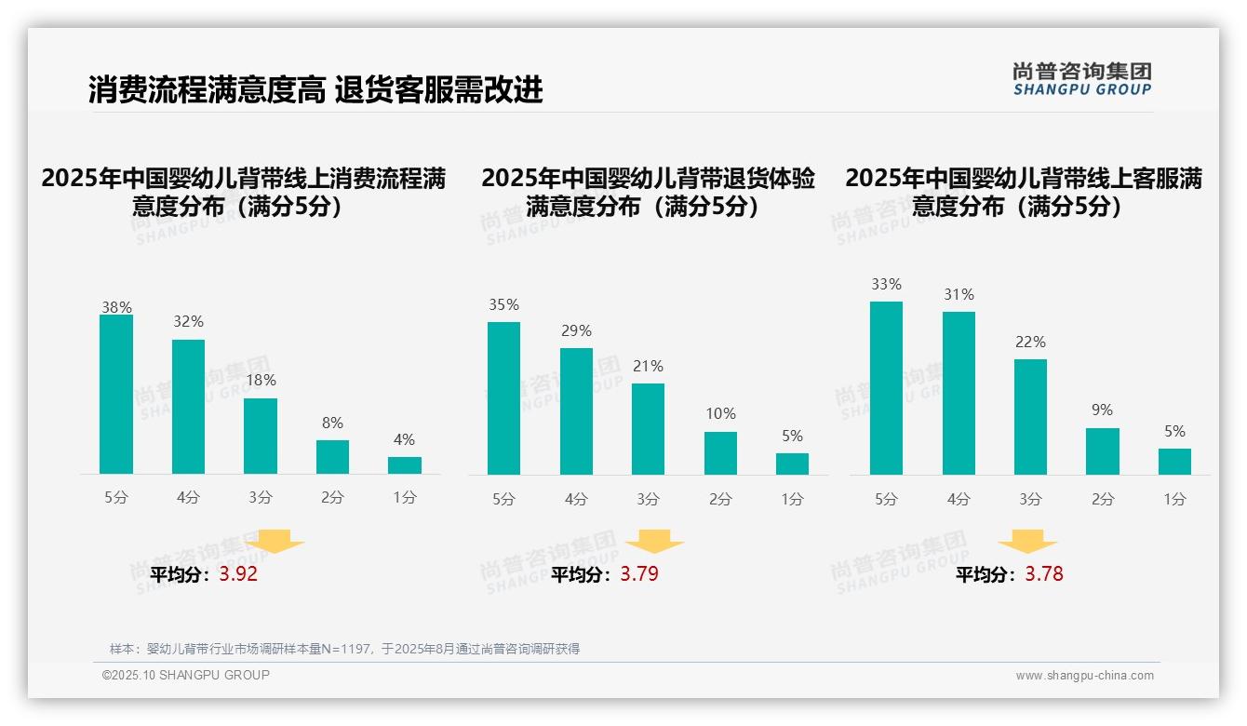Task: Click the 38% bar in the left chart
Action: pyautogui.click(x=116, y=395)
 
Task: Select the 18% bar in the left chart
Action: pyautogui.click(x=261, y=437)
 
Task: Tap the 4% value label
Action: pyautogui.click(x=404, y=439)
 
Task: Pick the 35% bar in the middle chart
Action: pyautogui.click(x=503, y=398)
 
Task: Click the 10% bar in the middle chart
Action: pyautogui.click(x=720, y=453)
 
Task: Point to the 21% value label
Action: pyautogui.click(x=648, y=366)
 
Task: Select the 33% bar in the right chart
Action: pyautogui.click(x=886, y=388)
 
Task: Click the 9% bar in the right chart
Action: pyautogui.click(x=1103, y=451)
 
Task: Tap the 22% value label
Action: pyautogui.click(x=1030, y=342)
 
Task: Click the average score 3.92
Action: pyautogui.click(x=238, y=574)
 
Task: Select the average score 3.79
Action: pyautogui.click(x=639, y=574)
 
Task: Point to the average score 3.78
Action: pyautogui.click(x=1044, y=574)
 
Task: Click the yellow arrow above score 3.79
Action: pyautogui.click(x=654, y=542)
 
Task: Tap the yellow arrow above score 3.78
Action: pyautogui.click(x=1027, y=542)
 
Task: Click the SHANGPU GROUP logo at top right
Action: pyautogui.click(x=1081, y=79)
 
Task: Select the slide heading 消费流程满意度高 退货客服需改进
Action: pyautogui.click(x=315, y=89)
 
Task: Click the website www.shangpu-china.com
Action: pyautogui.click(x=1084, y=676)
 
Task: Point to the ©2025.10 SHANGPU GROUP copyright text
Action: pyautogui.click(x=186, y=675)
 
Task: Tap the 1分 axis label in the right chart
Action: pyautogui.click(x=1174, y=499)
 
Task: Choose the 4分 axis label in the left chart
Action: pyautogui.click(x=188, y=497)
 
